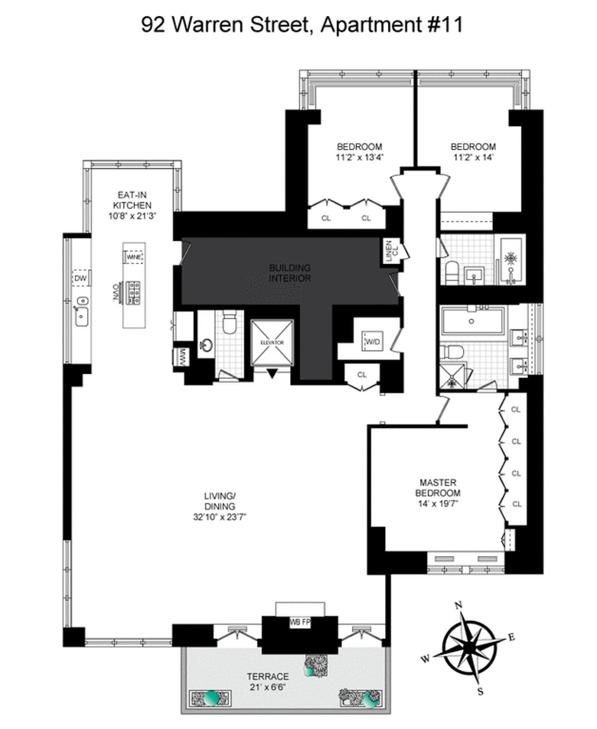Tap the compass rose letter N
pos(459,605)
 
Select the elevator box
pos(272,342)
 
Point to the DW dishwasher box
pos(81,278)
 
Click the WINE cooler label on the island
pos(133,257)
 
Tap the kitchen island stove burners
pos(134,293)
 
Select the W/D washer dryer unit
pos(372,342)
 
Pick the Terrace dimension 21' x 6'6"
pos(268,687)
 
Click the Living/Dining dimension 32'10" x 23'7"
pos(220,517)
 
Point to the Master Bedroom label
pos(438,488)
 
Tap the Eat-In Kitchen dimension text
pos(132,216)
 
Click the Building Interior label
pos(290,273)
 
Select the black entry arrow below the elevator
pos(272,373)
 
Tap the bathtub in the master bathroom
pos(472,321)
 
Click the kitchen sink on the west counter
pos(82,313)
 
